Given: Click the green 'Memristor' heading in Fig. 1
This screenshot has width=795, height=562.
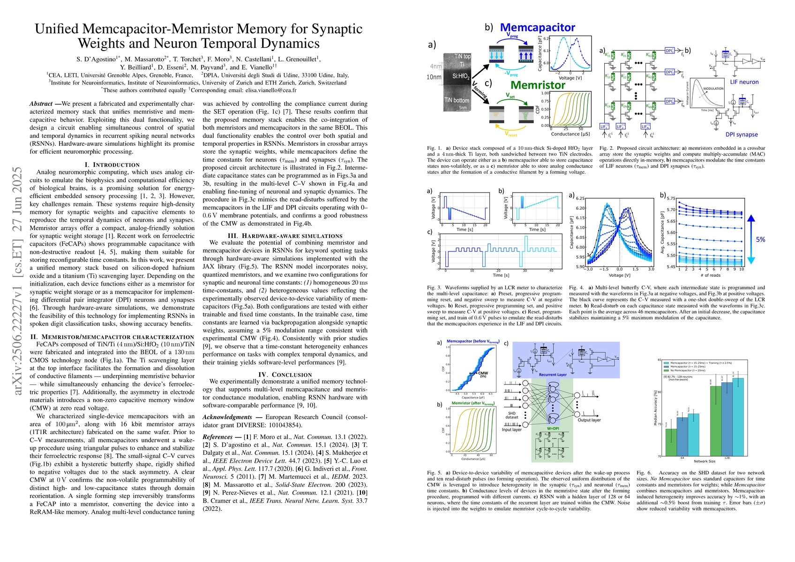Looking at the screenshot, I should tap(538, 85).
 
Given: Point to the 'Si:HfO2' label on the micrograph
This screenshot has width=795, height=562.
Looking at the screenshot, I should tap(461, 76).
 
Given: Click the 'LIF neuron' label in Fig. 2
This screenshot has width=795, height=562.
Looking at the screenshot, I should tap(744, 82).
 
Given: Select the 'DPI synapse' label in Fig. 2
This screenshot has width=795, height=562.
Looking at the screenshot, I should tap(742, 134).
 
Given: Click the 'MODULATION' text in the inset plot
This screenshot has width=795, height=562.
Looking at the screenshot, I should tap(713, 89).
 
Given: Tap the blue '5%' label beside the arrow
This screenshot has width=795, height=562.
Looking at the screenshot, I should tap(760, 239).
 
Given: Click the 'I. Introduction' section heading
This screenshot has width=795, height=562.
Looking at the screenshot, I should tap(112, 165).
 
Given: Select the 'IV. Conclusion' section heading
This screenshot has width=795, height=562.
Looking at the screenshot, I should tap(285, 375).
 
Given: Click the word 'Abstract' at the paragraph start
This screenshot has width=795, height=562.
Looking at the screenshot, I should tap(41, 104).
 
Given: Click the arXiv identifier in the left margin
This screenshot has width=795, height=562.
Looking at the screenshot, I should tap(18, 281).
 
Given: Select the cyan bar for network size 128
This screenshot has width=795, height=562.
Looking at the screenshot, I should tap(738, 417).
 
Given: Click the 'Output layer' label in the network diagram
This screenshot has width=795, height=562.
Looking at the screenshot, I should tap(589, 420).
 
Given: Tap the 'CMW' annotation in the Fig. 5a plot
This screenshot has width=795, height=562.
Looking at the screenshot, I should tap(483, 373).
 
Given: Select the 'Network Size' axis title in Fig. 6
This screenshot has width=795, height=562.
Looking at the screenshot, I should tap(704, 461).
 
